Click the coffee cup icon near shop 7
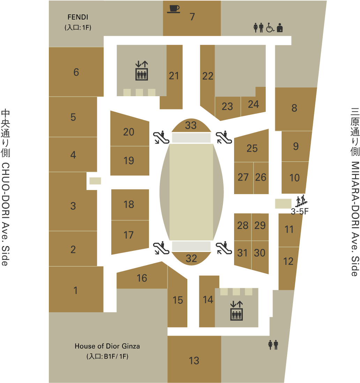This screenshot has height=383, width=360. click(x=173, y=9)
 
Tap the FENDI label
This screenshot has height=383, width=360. click(x=78, y=16)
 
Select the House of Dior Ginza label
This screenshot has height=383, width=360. click(x=107, y=346)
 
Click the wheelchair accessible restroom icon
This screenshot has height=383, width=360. click(x=270, y=28)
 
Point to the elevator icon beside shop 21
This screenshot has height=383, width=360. click(x=142, y=71)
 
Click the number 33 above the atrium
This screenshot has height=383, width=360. click(x=191, y=125)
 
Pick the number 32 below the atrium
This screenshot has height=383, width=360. click(x=191, y=258)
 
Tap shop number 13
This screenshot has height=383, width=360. click(x=194, y=360)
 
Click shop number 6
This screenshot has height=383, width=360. click(x=76, y=72)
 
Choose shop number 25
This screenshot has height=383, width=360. click(x=252, y=148)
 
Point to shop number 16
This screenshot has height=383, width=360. click(x=142, y=278)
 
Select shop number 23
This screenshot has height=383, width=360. click(x=227, y=106)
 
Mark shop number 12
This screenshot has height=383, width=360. click(x=288, y=261)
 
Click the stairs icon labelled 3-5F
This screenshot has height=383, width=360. click(x=300, y=201)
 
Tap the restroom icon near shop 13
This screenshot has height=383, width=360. click(x=273, y=345)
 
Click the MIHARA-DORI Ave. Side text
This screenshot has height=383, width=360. click(x=355, y=192)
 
